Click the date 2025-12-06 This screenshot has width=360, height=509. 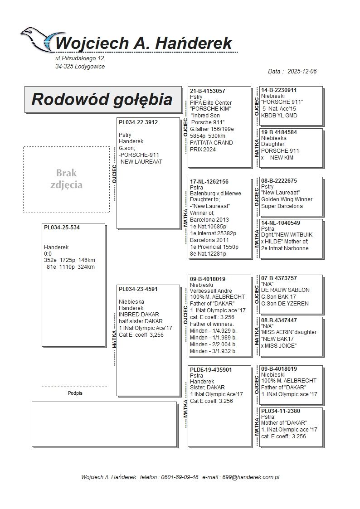[x=302, y=72]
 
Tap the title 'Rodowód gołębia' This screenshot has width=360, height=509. [x=102, y=99]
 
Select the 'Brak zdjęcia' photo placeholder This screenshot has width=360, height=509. [x=66, y=179]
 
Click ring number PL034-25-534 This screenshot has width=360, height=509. [x=62, y=228]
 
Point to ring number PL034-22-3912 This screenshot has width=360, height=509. [x=138, y=122]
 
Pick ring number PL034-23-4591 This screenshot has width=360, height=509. [x=138, y=289]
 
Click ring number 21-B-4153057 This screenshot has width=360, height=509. [x=208, y=91]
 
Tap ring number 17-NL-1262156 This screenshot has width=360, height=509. [x=209, y=182]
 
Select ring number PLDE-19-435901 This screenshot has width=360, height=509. [x=211, y=370]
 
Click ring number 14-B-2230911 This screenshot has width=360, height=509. [x=279, y=90]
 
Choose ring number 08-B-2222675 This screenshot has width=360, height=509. [x=279, y=181]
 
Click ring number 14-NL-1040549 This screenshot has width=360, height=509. [x=281, y=223]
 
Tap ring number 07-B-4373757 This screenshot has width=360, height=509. [x=279, y=278]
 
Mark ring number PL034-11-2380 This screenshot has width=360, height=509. [x=281, y=411]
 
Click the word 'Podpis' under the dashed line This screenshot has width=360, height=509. [x=75, y=393]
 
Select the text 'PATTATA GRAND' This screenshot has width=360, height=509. [x=211, y=143]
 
